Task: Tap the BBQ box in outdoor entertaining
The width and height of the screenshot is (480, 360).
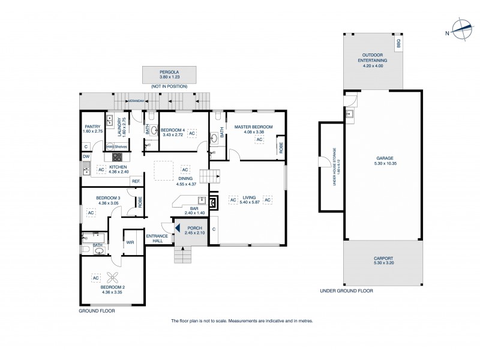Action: pos(397,45)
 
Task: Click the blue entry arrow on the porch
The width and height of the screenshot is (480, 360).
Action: pos(177,227)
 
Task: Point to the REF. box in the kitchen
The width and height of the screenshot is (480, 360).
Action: pos(136,181)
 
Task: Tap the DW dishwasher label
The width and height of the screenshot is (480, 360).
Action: pos(86,157)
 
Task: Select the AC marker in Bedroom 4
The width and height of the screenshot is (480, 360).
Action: pos(192,133)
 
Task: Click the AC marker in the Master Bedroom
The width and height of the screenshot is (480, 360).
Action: pos(260,140)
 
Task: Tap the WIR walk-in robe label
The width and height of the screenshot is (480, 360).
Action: pos(130,242)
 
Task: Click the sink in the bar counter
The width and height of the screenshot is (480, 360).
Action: pos(202,200)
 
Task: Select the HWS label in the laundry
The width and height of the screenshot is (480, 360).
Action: pos(110,146)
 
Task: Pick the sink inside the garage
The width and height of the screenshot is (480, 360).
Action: pos(350,112)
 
